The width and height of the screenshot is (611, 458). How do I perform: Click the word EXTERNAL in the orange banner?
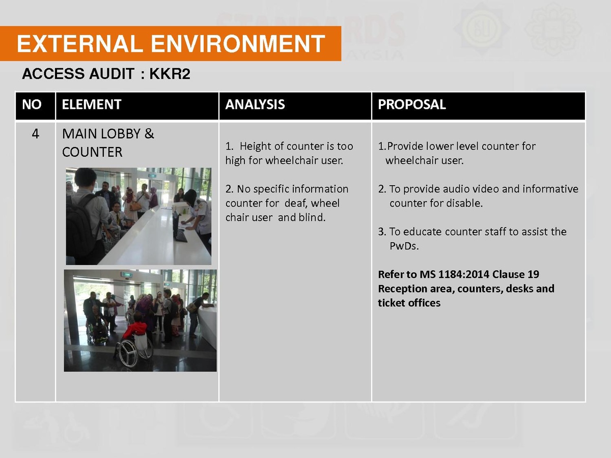click(79, 44)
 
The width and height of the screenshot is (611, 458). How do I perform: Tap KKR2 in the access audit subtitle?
click(170, 74)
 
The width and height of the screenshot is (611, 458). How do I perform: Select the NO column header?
click(32, 104)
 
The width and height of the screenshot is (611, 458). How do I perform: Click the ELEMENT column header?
click(92, 104)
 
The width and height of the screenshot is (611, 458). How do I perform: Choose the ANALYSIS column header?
click(255, 104)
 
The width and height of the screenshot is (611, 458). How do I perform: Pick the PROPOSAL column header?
click(412, 104)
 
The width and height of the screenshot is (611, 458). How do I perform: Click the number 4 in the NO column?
click(35, 134)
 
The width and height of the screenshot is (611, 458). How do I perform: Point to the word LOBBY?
click(121, 134)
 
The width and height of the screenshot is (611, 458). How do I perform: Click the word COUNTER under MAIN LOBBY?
click(92, 152)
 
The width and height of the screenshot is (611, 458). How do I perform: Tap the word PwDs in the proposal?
click(404, 246)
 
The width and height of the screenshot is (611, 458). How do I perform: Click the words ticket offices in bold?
click(409, 303)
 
